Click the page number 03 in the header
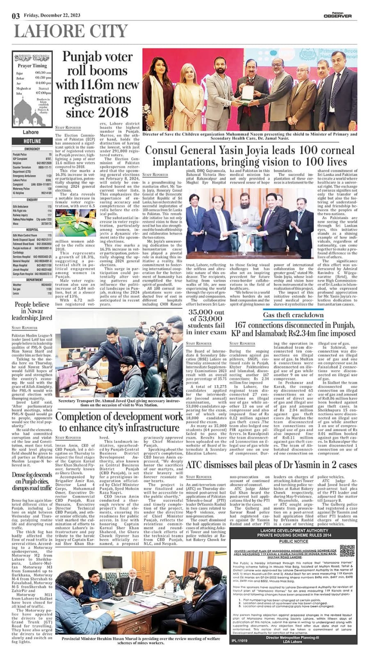[x=16, y=16]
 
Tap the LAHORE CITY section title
[x=71, y=32]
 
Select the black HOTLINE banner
[x=32, y=141]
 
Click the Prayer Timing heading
[x=32, y=66]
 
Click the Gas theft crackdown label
[x=293, y=315]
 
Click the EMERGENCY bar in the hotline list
[x=32, y=149]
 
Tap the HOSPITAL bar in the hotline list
[x=32, y=230]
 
